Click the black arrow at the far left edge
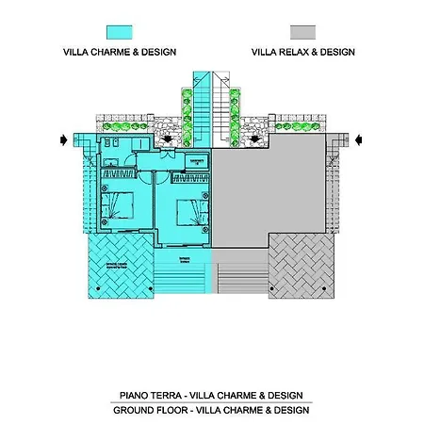(x=64, y=141)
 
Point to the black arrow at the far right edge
(x=359, y=141)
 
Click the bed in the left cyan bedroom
(x=122, y=204)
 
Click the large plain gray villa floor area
(x=273, y=188)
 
